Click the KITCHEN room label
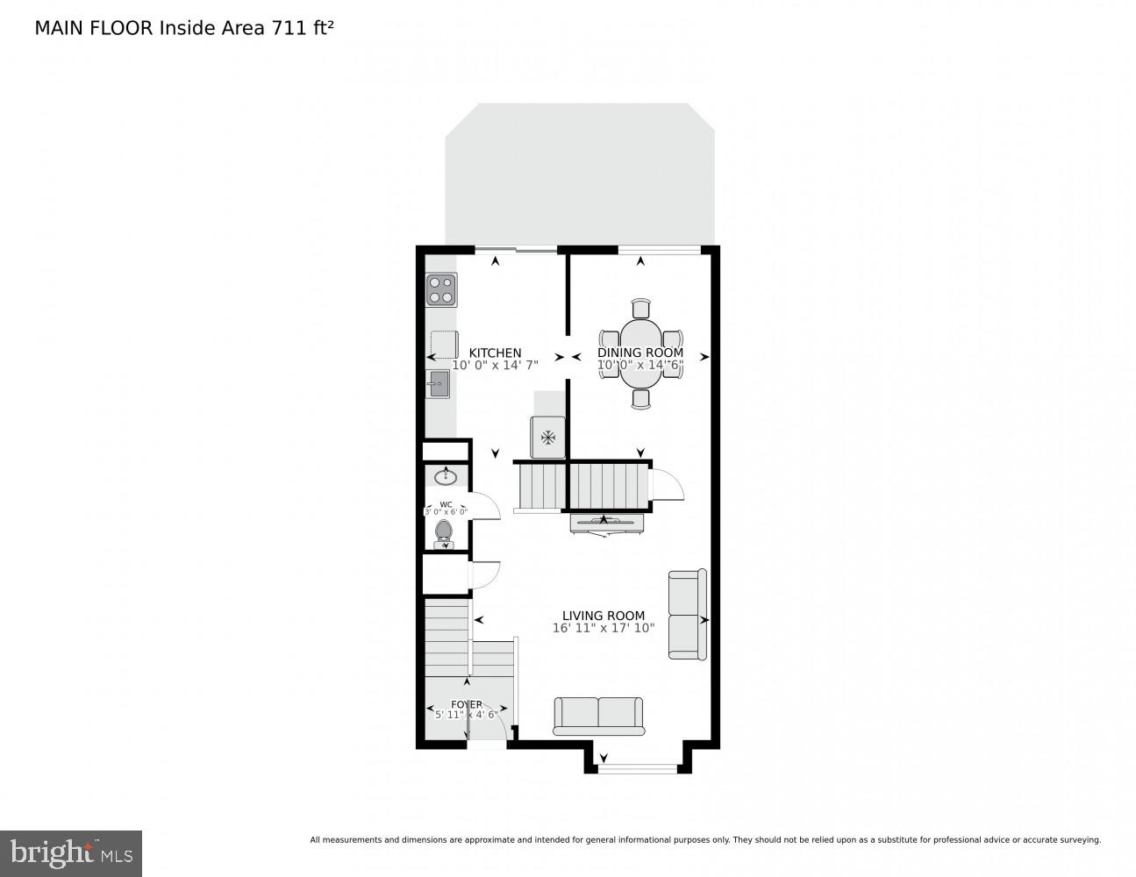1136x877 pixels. click(495, 353)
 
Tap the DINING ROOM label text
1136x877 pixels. click(640, 353)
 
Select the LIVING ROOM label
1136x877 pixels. click(604, 616)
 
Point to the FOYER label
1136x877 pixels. click(466, 704)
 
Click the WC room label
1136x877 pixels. click(446, 504)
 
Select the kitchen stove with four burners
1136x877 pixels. click(441, 290)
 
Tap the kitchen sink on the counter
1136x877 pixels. click(438, 383)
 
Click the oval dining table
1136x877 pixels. click(641, 353)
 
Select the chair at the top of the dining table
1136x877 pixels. click(641, 308)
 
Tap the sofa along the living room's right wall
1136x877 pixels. click(687, 614)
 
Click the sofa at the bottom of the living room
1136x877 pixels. click(598, 716)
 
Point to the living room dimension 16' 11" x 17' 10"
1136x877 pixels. click(604, 628)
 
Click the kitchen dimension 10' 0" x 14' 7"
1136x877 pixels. click(495, 365)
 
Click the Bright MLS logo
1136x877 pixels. click(71, 853)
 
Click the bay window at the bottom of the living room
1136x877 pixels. click(638, 769)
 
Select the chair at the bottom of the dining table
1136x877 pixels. click(641, 399)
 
